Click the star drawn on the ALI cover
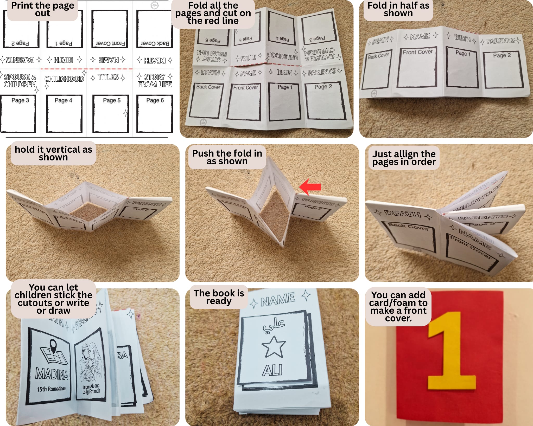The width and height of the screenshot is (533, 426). pyautogui.click(x=274, y=347)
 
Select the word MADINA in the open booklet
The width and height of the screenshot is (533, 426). pyautogui.click(x=52, y=374)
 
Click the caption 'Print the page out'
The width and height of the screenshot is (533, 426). pyautogui.click(x=43, y=9)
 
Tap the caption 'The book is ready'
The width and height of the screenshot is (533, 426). pyautogui.click(x=219, y=297)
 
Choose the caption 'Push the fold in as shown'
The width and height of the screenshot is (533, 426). pyautogui.click(x=227, y=157)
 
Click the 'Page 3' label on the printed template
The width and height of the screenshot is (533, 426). pyautogui.click(x=20, y=100)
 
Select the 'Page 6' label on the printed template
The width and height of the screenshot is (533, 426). pyautogui.click(x=155, y=100)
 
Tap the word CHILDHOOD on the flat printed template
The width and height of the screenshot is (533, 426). pyautogui.click(x=64, y=79)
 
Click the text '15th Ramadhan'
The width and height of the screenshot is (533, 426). pyautogui.click(x=51, y=389)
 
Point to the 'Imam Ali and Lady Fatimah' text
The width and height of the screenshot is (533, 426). pyautogui.click(x=91, y=389)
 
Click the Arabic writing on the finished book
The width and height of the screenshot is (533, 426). pyautogui.click(x=274, y=325)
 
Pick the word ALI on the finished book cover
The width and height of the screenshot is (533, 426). pyautogui.click(x=272, y=370)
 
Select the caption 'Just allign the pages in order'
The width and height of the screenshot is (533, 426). pyautogui.click(x=404, y=158)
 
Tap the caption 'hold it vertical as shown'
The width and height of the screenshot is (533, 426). pyautogui.click(x=53, y=153)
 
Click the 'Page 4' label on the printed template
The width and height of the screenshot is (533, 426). pyautogui.click(x=63, y=100)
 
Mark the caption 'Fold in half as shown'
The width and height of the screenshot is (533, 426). pyautogui.click(x=398, y=9)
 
